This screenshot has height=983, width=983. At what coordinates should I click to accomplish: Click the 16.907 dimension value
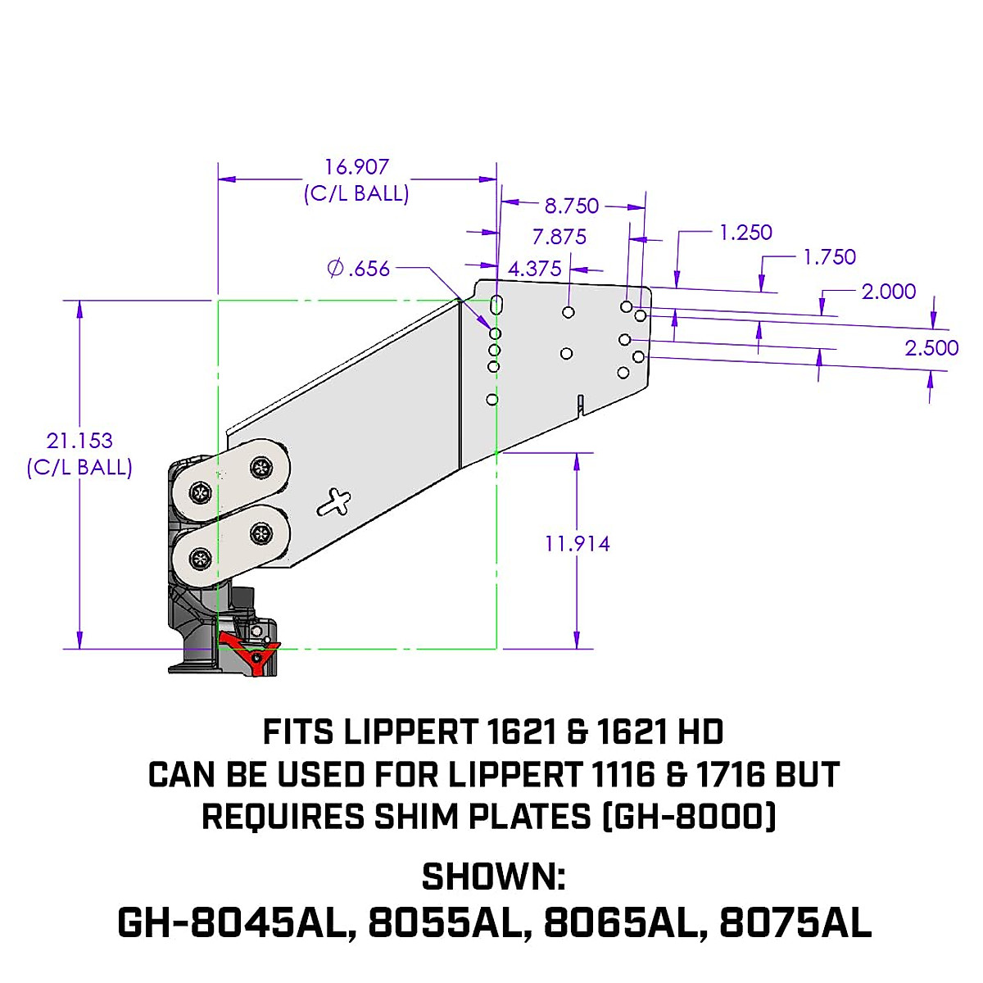(356, 167)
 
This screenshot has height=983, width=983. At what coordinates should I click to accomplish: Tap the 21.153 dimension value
(79, 441)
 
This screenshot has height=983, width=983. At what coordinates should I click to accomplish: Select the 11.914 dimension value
(578, 544)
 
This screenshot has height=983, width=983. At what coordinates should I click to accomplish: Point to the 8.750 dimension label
(572, 206)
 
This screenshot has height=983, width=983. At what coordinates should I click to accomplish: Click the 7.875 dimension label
(559, 238)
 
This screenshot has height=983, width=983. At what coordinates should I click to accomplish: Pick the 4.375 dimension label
(535, 269)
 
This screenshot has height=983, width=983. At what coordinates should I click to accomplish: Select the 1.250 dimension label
(745, 233)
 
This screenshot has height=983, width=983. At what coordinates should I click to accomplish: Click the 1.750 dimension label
(829, 257)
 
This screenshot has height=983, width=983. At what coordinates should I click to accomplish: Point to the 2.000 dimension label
(889, 292)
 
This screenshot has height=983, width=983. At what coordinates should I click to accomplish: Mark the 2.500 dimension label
(931, 348)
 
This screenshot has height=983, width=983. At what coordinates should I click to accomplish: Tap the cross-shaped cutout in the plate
(336, 502)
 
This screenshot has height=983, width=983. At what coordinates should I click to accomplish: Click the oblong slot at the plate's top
(496, 305)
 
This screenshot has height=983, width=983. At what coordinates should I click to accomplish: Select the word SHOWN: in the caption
(493, 877)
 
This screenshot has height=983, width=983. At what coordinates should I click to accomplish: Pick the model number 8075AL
(795, 923)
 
